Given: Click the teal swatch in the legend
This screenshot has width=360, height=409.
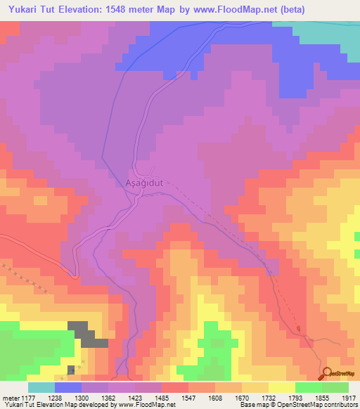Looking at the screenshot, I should [41, 387].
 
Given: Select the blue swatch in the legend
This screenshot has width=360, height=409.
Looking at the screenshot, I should [68, 387].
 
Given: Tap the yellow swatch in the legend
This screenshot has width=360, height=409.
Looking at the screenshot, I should [281, 387].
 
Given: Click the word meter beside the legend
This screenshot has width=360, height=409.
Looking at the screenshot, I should [9, 397].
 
